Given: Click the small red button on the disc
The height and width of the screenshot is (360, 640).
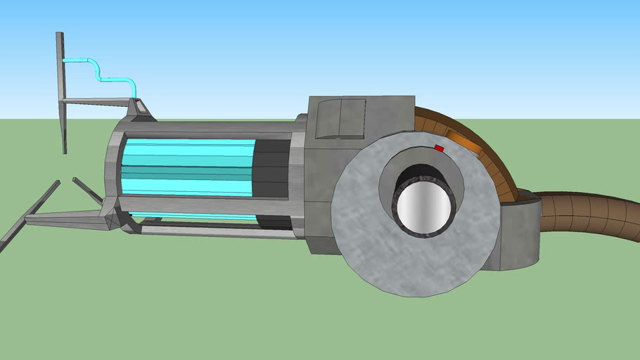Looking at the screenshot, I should click(x=439, y=148).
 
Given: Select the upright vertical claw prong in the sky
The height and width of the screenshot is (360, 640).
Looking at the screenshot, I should click(x=62, y=91).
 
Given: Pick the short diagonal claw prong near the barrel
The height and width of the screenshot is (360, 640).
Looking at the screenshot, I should click(x=88, y=191).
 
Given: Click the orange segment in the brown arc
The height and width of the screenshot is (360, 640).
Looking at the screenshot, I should click(x=463, y=141).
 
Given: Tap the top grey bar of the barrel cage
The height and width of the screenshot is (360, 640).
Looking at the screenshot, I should click(x=204, y=127).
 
